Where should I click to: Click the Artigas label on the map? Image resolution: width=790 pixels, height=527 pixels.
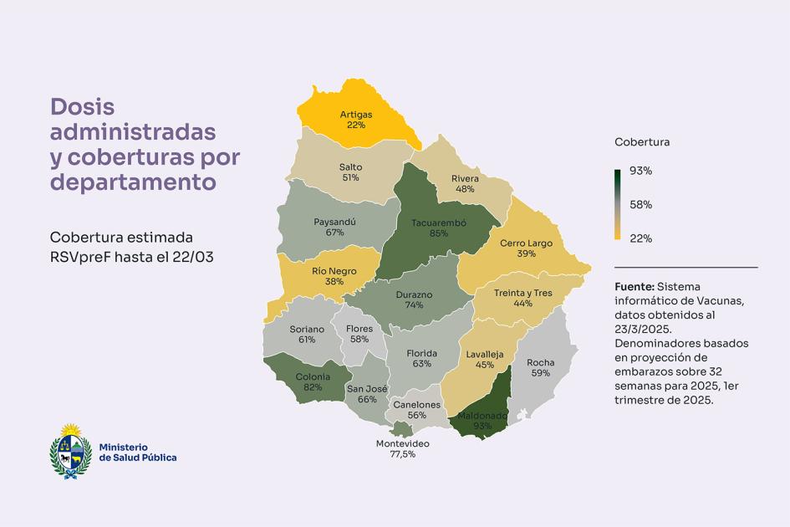point(355,115)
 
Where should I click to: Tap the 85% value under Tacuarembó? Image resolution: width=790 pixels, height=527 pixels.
point(439,233)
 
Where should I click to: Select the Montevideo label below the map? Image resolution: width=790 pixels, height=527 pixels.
point(403,444)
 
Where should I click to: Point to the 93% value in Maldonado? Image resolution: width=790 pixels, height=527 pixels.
point(482,426)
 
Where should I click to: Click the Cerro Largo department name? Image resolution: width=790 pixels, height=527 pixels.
point(526,243)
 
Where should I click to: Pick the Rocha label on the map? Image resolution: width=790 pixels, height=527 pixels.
point(541,362)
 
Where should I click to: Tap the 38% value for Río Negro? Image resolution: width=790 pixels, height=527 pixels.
point(334,281)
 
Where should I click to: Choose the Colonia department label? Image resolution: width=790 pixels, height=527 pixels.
point(313,376)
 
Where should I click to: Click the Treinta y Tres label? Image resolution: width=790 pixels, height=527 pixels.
point(523,293)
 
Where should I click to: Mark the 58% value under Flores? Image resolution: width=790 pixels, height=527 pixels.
point(359,340)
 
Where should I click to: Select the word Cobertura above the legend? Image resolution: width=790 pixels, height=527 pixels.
point(642,142)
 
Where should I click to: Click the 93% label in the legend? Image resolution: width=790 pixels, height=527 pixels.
point(641,171)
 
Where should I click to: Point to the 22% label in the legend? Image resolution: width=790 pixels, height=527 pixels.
point(641,238)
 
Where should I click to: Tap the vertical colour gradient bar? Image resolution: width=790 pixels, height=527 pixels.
point(618,205)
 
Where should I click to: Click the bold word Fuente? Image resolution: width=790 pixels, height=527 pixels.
point(635,286)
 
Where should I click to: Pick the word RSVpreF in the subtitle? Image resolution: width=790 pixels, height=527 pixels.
point(80,257)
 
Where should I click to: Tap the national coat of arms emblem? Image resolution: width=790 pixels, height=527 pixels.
point(70,452)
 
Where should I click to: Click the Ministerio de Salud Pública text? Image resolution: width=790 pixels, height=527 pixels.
point(138,453)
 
